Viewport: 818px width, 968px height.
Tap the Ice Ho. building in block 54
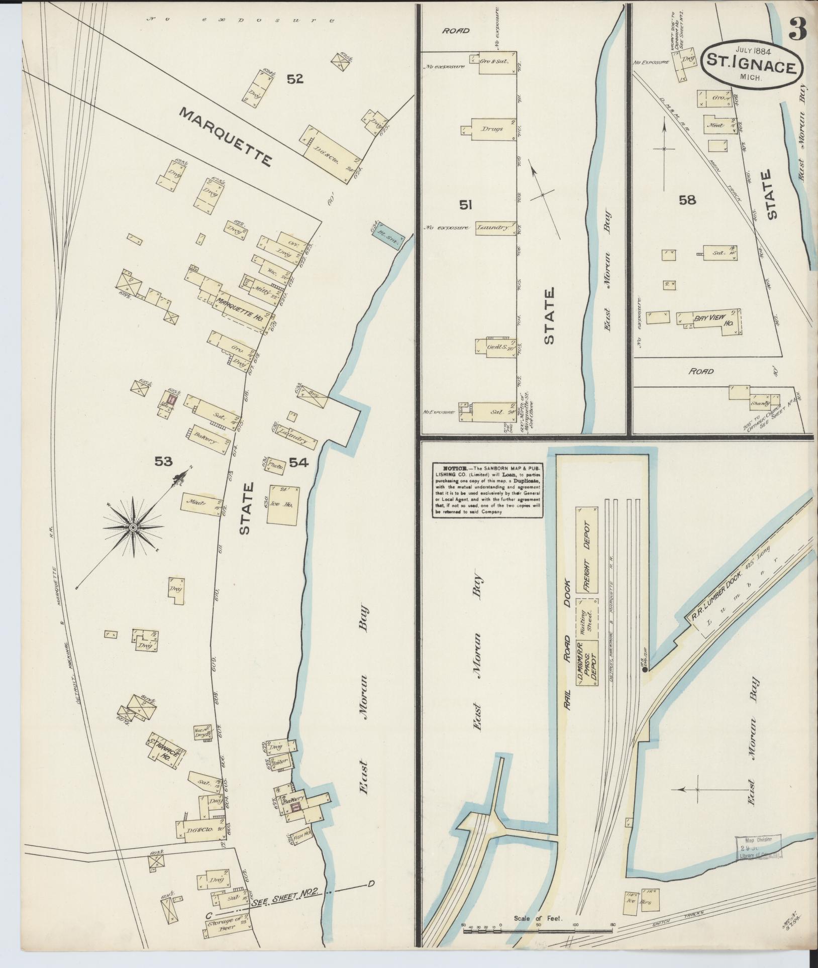click(284, 504)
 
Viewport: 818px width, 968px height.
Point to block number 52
click(295, 78)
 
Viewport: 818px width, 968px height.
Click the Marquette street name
click(226, 138)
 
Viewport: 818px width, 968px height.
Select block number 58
click(687, 200)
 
